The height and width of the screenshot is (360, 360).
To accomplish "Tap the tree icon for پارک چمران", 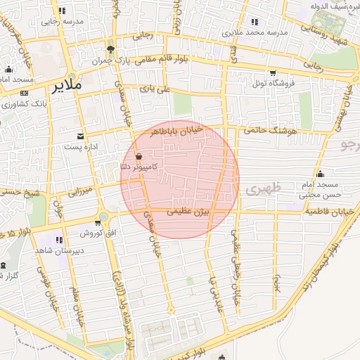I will (x=110, y=49).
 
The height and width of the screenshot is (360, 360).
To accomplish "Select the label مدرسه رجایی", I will (x=59, y=21).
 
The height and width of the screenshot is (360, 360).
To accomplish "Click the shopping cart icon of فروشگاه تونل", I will (x=273, y=74).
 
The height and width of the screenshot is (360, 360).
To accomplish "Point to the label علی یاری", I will (x=155, y=89).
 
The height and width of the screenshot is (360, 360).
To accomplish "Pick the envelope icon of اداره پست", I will (x=79, y=136).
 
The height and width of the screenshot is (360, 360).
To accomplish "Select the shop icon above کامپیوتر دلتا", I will (x=139, y=156).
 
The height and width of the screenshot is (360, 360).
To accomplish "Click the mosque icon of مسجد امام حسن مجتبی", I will (x=321, y=174).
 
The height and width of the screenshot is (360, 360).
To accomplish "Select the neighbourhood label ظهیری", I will (x=264, y=188).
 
